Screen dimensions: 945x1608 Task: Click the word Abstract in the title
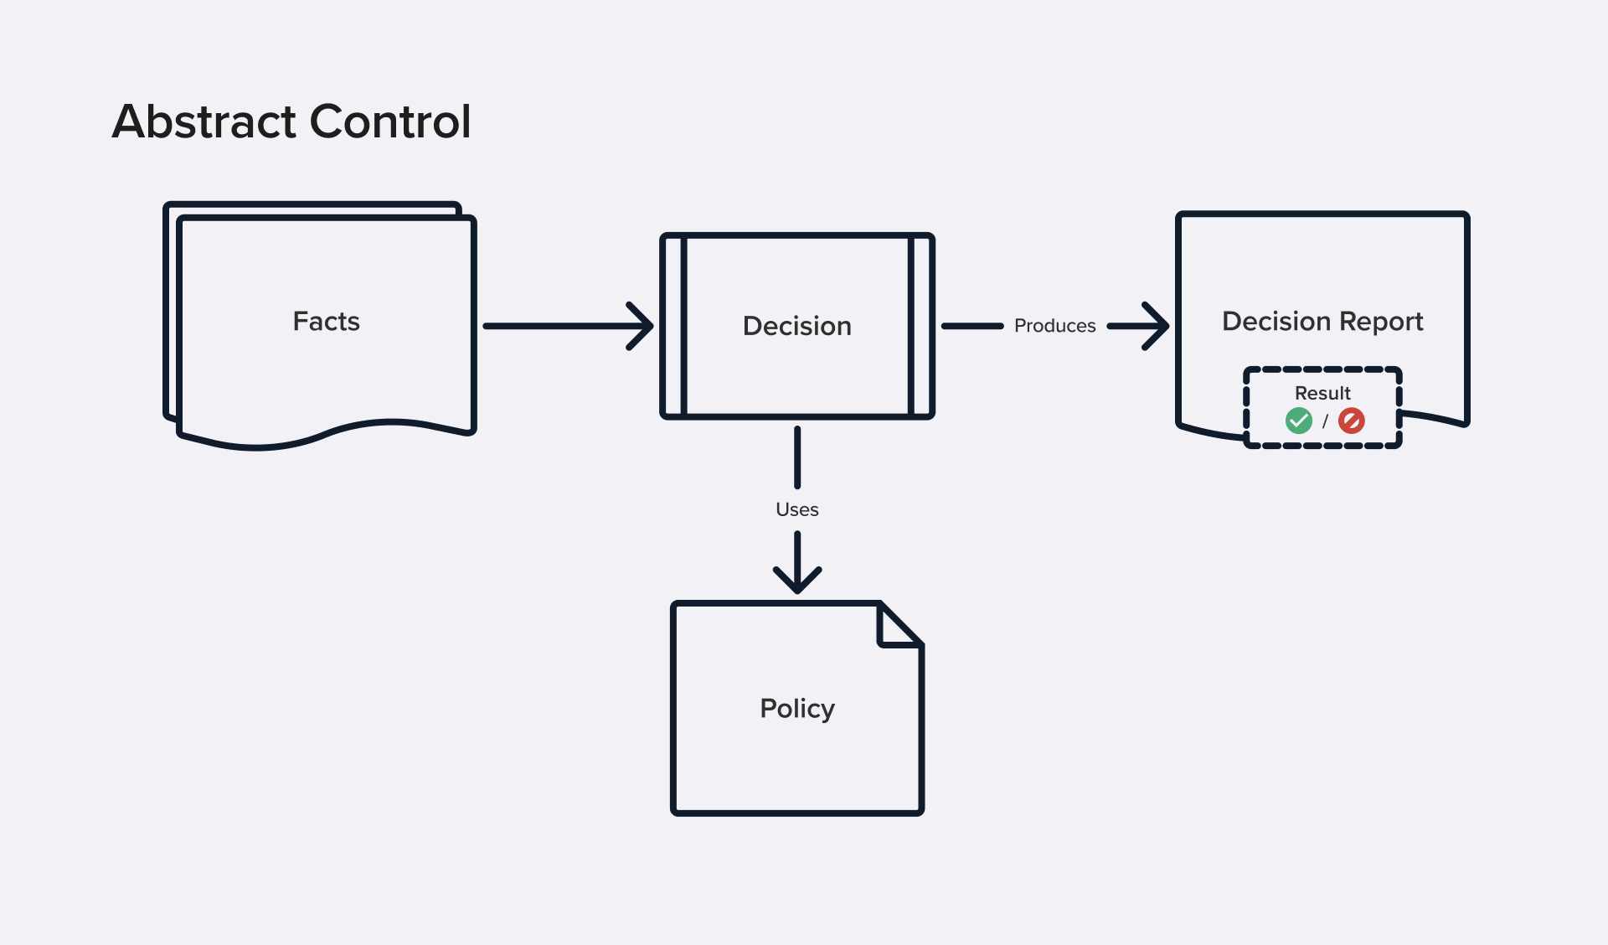coord(204,121)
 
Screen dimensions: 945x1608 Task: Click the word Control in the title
coord(390,121)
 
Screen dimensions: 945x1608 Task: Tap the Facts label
coord(326,321)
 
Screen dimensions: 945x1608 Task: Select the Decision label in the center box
coord(796,326)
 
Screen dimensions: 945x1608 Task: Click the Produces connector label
coord(1054,326)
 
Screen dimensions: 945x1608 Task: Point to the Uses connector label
coord(796,509)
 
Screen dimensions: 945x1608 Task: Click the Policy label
coord(796,709)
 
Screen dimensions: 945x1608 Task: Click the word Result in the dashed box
coord(1322,393)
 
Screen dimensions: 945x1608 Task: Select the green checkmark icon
coord(1298,421)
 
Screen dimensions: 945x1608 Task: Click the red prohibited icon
coord(1351,421)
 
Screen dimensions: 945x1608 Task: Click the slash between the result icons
coord(1325,421)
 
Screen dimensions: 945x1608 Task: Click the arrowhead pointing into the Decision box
coord(643,326)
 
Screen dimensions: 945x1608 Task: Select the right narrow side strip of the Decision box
coord(920,326)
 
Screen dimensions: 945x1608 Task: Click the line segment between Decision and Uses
coord(797,457)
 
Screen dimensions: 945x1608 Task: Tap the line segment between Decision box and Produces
coord(972,326)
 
